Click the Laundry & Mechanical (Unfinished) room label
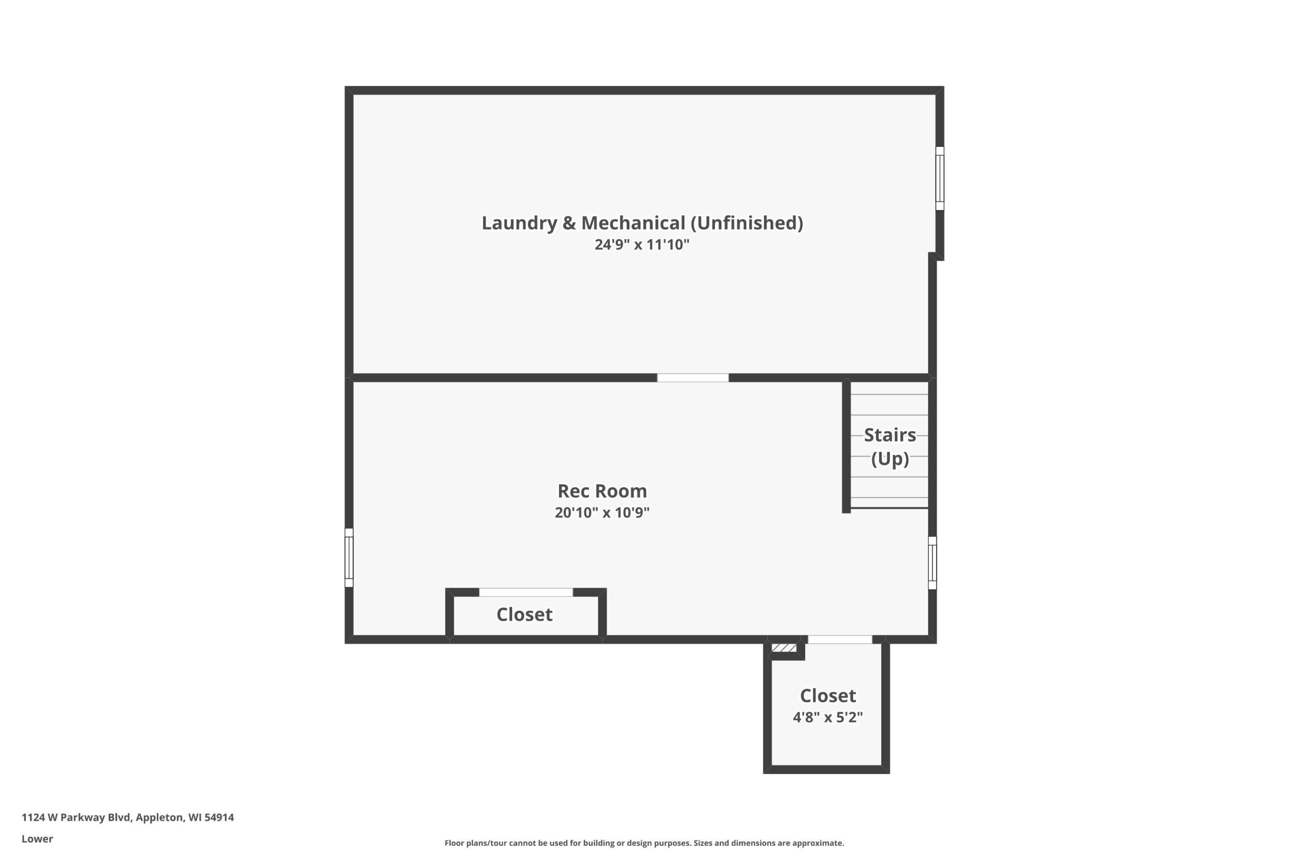642,223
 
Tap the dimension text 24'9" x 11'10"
642,245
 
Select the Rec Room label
602,491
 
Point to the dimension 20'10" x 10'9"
602,512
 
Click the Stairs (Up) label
890,446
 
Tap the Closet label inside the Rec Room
525,615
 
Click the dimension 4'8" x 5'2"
828,717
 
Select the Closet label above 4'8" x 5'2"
828,696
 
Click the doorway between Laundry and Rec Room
693,378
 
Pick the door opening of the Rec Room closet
526,592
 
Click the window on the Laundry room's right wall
940,178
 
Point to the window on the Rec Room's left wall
349,558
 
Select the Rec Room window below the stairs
932,563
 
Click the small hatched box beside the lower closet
784,648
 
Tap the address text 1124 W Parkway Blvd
76,817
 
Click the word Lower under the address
37,839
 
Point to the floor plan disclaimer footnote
644,843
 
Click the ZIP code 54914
219,817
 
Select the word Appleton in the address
160,818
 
